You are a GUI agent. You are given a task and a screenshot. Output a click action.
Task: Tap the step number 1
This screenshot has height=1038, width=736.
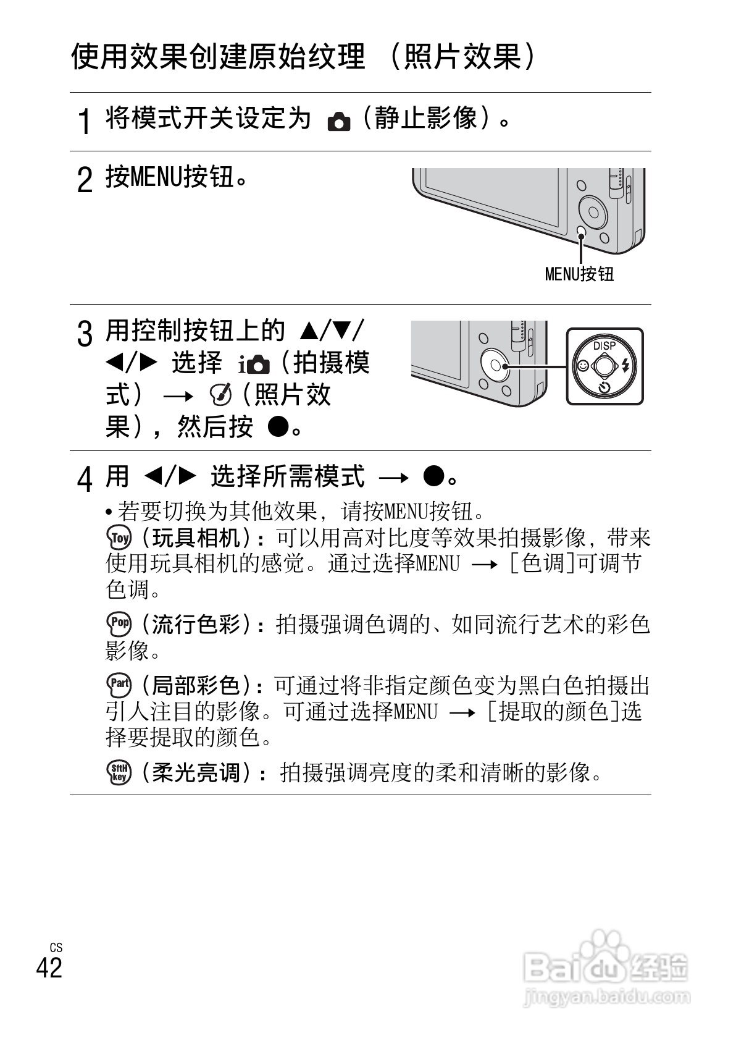click(85, 120)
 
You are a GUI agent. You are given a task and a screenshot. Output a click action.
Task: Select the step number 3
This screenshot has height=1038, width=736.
click(85, 334)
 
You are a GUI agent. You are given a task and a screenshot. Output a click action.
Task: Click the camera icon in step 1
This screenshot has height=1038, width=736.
click(338, 122)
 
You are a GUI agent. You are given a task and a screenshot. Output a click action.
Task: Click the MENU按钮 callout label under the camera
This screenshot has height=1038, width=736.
click(579, 274)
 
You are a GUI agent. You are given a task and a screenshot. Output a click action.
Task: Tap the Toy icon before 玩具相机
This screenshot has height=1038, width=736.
click(119, 538)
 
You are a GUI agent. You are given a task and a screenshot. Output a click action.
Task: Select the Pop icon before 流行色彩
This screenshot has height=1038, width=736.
click(119, 624)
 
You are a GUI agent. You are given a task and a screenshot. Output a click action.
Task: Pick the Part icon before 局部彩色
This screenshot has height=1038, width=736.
click(119, 685)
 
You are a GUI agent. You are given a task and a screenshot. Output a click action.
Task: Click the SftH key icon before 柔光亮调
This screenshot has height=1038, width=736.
click(119, 772)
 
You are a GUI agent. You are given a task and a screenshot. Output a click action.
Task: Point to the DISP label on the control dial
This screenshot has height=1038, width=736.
click(604, 346)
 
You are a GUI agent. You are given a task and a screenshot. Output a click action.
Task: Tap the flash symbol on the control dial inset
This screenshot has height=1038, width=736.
click(626, 366)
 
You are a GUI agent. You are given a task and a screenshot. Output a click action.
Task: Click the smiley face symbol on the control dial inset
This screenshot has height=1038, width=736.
click(582, 366)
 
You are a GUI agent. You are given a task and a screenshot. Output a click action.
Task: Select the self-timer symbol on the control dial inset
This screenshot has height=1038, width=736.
click(604, 388)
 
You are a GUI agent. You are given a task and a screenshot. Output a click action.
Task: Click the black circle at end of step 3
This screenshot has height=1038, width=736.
click(279, 426)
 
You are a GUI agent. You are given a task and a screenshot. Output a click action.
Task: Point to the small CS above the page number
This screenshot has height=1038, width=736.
click(56, 948)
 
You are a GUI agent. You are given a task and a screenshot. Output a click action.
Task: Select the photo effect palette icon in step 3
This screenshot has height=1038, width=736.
click(220, 393)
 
